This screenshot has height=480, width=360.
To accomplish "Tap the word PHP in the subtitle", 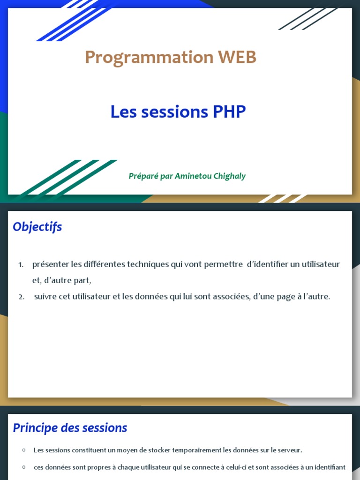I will [x=229, y=112].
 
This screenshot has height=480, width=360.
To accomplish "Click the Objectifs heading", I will [x=37, y=227].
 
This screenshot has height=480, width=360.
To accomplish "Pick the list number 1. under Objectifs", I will [x=21, y=265].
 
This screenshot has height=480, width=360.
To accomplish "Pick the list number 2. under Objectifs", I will [x=22, y=297].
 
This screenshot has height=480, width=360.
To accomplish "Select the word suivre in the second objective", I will [x=45, y=297].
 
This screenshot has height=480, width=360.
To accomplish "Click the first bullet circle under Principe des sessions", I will [x=23, y=450].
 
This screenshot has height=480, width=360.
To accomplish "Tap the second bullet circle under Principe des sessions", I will [x=23, y=467].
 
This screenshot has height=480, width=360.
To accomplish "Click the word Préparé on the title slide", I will [x=143, y=176].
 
